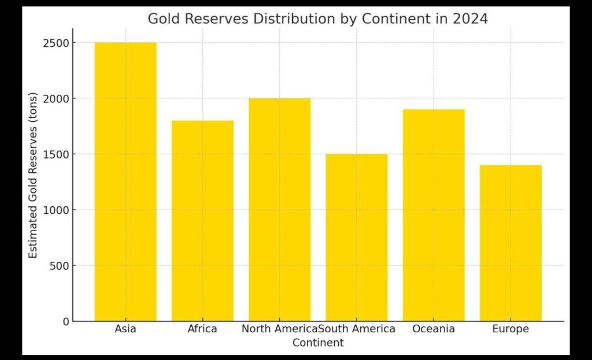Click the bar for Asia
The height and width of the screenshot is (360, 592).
tap(125, 181)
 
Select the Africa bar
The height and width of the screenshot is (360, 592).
tap(202, 221)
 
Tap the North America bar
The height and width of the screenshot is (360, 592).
tap(279, 209)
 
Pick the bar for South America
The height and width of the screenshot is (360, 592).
tap(356, 237)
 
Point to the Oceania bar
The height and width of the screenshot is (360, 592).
tap(434, 215)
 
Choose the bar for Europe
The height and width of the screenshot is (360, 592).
tap(510, 243)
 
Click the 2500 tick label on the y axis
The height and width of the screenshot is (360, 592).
tap(56, 43)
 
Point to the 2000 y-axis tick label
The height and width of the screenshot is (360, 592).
tap(56, 98)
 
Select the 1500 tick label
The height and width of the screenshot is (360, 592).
tap(56, 154)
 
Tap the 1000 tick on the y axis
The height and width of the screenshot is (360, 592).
tap(56, 210)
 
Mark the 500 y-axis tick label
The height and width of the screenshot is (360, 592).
tap(60, 266)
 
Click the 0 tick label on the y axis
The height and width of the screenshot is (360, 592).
tap(66, 321)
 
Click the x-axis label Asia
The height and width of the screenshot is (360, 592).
tap(125, 329)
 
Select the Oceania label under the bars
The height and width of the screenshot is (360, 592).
tap(434, 329)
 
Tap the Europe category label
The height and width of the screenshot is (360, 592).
tap(510, 329)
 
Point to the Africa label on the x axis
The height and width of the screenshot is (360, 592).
tap(202, 329)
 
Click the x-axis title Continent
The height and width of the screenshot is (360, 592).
tap(318, 343)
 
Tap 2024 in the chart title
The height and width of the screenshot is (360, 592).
tap(470, 18)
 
